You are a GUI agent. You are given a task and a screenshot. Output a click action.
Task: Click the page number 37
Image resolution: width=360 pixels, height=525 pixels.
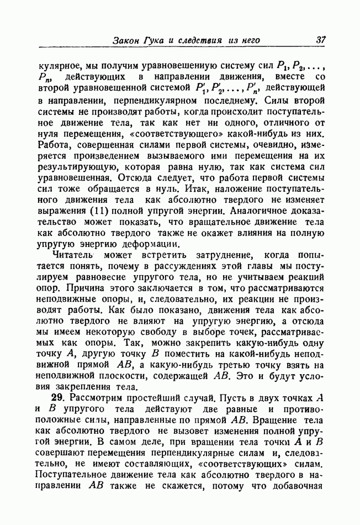(321, 40)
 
